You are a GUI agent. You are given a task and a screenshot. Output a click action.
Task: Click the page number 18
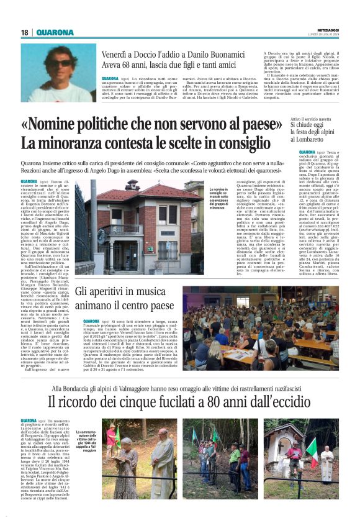25,32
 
